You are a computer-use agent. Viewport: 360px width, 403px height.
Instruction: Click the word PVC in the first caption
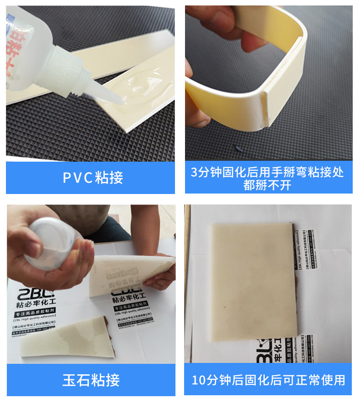pyautogui.click(x=77, y=178)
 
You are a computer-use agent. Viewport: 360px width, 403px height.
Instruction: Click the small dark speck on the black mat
pyautogui.click(x=239, y=148)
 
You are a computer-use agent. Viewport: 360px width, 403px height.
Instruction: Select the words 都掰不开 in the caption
pyautogui.click(x=267, y=185)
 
